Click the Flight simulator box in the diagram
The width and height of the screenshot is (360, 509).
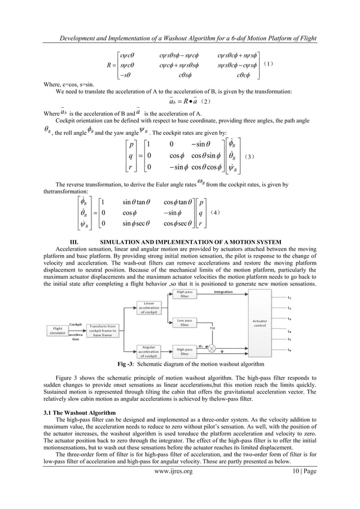coord(58,330)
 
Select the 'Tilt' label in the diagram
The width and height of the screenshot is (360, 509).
coord(213,327)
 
